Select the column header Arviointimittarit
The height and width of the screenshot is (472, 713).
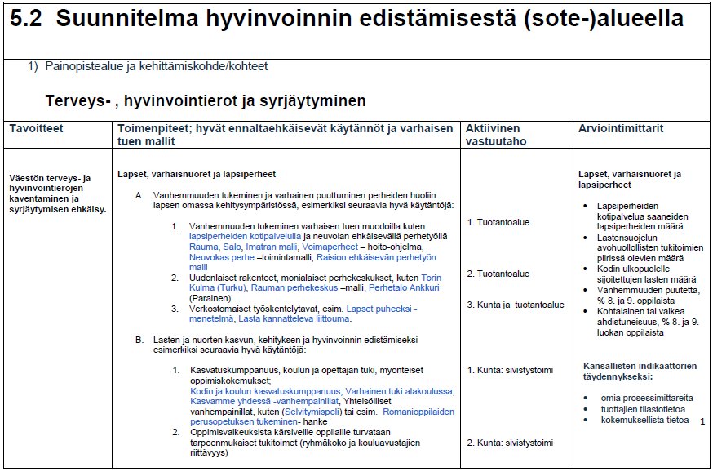pyautogui.click(x=621, y=129)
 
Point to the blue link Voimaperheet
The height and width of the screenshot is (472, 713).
pyautogui.click(x=330, y=246)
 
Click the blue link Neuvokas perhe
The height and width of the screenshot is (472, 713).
pyautogui.click(x=220, y=256)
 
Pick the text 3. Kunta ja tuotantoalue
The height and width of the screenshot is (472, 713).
pyautogui.click(x=516, y=305)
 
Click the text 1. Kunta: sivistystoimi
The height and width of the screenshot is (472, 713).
pyautogui.click(x=510, y=370)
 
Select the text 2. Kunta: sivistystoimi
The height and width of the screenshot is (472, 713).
pyautogui.click(x=510, y=443)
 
